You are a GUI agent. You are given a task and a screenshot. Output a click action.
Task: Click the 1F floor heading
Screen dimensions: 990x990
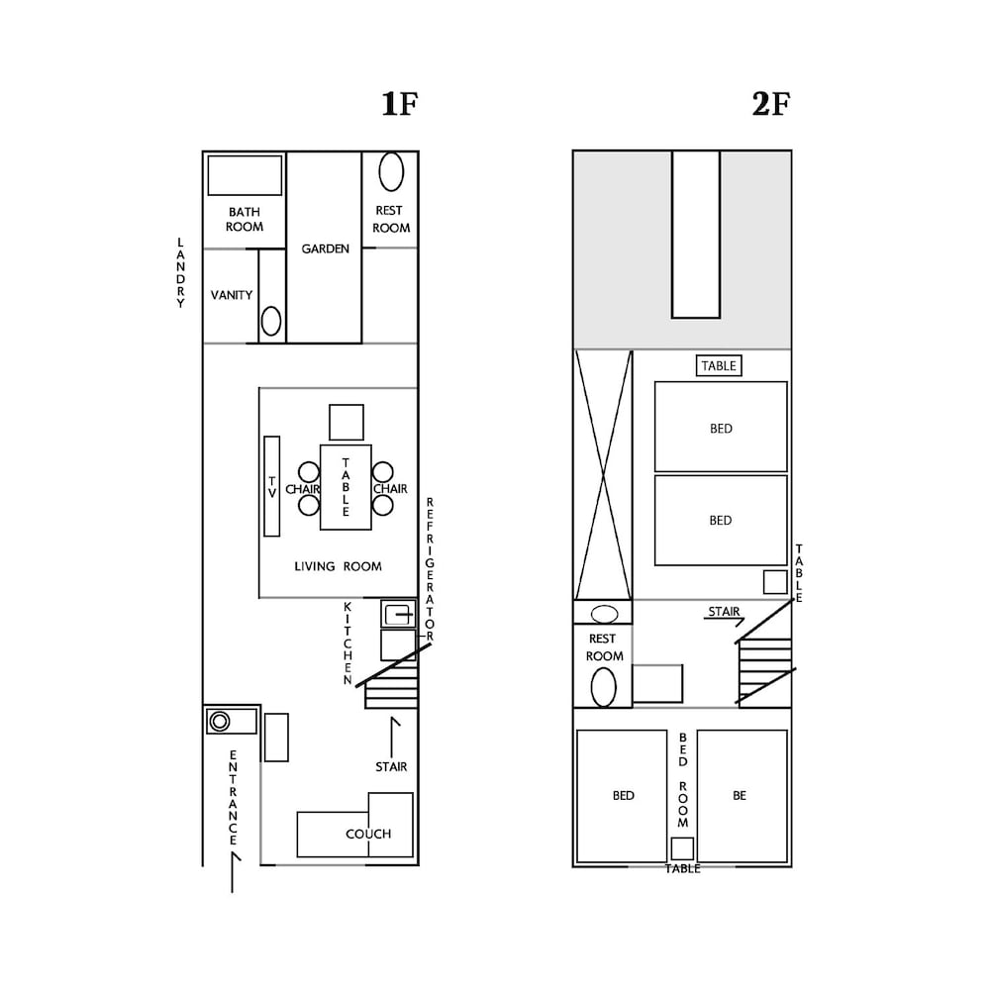[x=400, y=104]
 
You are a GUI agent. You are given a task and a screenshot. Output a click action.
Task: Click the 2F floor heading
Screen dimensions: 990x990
[x=771, y=104]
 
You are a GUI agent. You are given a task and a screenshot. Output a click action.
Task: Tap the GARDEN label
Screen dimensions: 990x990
[x=325, y=248]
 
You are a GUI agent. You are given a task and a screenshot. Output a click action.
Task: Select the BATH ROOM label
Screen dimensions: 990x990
[x=245, y=219]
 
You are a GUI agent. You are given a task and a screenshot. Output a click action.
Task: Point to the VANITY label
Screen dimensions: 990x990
[x=231, y=295]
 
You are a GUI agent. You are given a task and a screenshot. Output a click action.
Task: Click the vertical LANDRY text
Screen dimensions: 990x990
[x=180, y=273]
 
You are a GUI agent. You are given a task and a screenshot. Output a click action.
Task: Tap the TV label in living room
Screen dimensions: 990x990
[x=272, y=487]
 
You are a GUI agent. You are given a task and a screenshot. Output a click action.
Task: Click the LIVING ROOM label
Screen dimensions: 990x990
[x=338, y=566]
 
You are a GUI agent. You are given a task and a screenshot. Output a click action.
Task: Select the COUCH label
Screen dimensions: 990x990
[x=368, y=834]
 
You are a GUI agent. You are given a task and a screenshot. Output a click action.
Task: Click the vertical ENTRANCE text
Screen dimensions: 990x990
[x=233, y=798]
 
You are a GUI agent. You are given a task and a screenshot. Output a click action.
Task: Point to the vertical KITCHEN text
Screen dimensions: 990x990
[x=347, y=643]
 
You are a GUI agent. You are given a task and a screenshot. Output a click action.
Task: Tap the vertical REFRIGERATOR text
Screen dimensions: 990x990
[x=430, y=569]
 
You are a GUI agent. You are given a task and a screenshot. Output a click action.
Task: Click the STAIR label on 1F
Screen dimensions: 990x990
[x=391, y=766]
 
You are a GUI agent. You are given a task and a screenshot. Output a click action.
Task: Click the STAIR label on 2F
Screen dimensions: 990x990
[x=724, y=611]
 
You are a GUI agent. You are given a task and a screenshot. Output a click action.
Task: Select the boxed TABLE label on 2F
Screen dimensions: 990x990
[x=719, y=365]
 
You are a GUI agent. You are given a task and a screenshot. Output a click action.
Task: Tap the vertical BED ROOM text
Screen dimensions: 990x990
[x=683, y=780]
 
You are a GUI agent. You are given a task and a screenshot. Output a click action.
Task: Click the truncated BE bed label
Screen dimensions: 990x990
[x=740, y=796]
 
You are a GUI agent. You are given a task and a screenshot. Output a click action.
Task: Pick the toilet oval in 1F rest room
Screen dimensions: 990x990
[x=391, y=171]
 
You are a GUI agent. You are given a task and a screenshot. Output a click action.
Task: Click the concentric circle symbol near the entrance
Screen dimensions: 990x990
[x=220, y=721]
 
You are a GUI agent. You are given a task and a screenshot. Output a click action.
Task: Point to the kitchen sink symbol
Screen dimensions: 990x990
[x=398, y=614]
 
